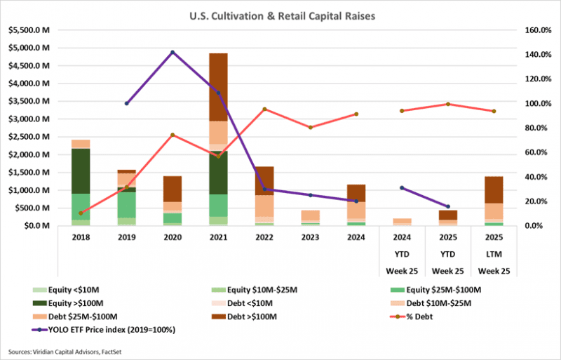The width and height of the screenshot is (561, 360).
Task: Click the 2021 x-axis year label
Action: coord(218,238)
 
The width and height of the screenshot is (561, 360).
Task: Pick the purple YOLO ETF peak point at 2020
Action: coord(173,52)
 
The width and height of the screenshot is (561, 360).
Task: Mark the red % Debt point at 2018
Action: coord(81,213)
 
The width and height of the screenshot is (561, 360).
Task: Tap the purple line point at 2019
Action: coord(127,103)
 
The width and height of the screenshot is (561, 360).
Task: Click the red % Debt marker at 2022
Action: coord(264,109)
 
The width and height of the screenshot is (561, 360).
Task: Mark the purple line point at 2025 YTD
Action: coord(448,206)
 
